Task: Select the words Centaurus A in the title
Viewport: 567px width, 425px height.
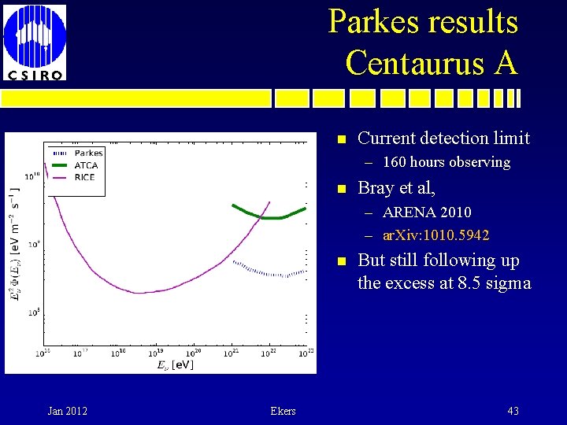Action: [431, 62]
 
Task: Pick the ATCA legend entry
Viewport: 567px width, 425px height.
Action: [85, 165]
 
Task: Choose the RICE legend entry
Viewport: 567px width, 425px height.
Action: [83, 177]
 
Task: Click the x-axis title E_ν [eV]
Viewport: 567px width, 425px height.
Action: [174, 364]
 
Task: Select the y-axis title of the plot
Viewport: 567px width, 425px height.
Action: [16, 244]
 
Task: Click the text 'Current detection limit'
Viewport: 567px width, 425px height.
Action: [443, 139]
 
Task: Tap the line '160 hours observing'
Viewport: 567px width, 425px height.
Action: [446, 163]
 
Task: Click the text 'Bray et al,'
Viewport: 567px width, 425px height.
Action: [396, 188]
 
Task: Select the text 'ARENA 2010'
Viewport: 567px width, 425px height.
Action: [427, 213]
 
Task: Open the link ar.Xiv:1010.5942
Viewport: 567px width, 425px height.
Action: [435, 235]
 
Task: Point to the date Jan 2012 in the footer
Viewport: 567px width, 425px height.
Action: [68, 411]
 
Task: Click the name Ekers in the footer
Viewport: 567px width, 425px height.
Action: [283, 411]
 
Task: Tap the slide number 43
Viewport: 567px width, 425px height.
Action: [513, 411]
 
